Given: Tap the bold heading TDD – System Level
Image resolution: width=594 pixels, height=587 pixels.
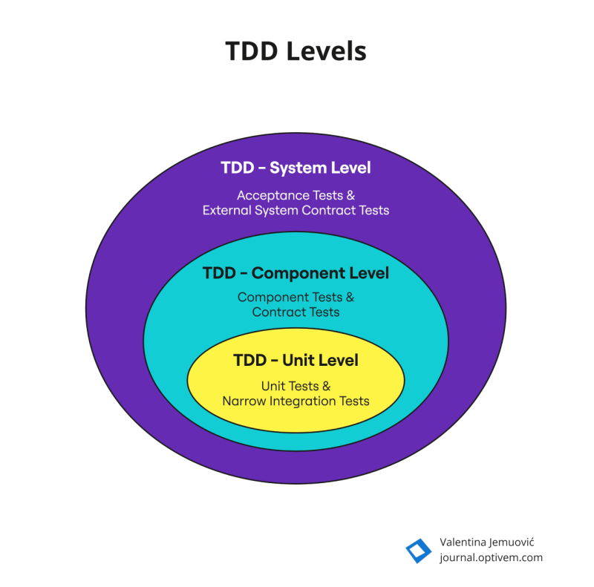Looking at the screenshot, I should click(x=296, y=168).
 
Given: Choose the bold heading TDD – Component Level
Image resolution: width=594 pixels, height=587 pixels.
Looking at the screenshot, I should click(x=296, y=273).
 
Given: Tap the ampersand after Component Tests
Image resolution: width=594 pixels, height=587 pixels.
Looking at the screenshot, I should click(x=350, y=298).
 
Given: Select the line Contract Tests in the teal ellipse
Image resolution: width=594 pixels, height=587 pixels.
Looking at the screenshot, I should click(x=296, y=312).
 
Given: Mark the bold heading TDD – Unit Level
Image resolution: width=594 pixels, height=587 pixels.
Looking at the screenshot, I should click(x=296, y=361).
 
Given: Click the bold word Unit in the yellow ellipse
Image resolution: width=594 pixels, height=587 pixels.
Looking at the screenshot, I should click(x=299, y=361).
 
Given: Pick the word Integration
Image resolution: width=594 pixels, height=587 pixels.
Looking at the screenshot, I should click(x=300, y=401).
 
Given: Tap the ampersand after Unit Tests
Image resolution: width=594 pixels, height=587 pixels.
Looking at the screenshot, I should click(x=325, y=387).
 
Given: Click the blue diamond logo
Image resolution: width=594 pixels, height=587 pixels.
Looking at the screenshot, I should click(x=418, y=551).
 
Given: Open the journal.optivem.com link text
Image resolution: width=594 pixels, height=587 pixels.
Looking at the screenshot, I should click(x=491, y=558).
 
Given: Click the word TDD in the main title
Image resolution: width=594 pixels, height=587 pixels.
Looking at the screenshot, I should click(x=255, y=51).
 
